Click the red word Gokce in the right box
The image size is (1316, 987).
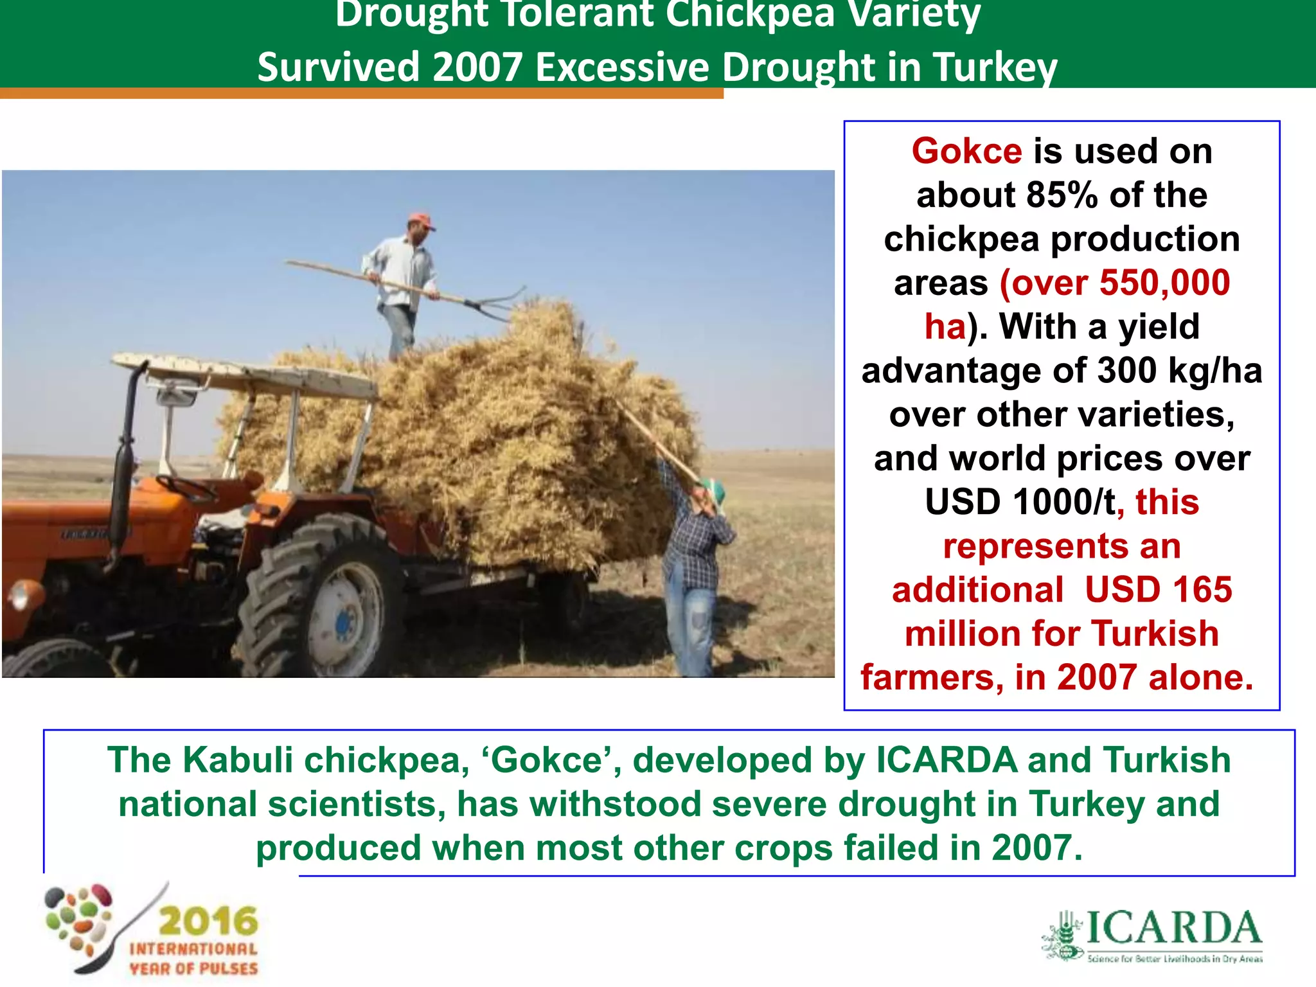tap(966, 152)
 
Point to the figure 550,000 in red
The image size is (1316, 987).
tap(1164, 283)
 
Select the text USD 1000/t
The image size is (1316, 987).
tap(1020, 502)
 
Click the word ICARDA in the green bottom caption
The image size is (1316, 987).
tap(947, 760)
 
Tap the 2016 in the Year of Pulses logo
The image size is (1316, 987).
tap(208, 921)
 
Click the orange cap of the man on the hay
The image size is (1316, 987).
tap(421, 220)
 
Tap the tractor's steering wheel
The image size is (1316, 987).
tap(187, 488)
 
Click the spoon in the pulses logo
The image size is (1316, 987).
tap(122, 932)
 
